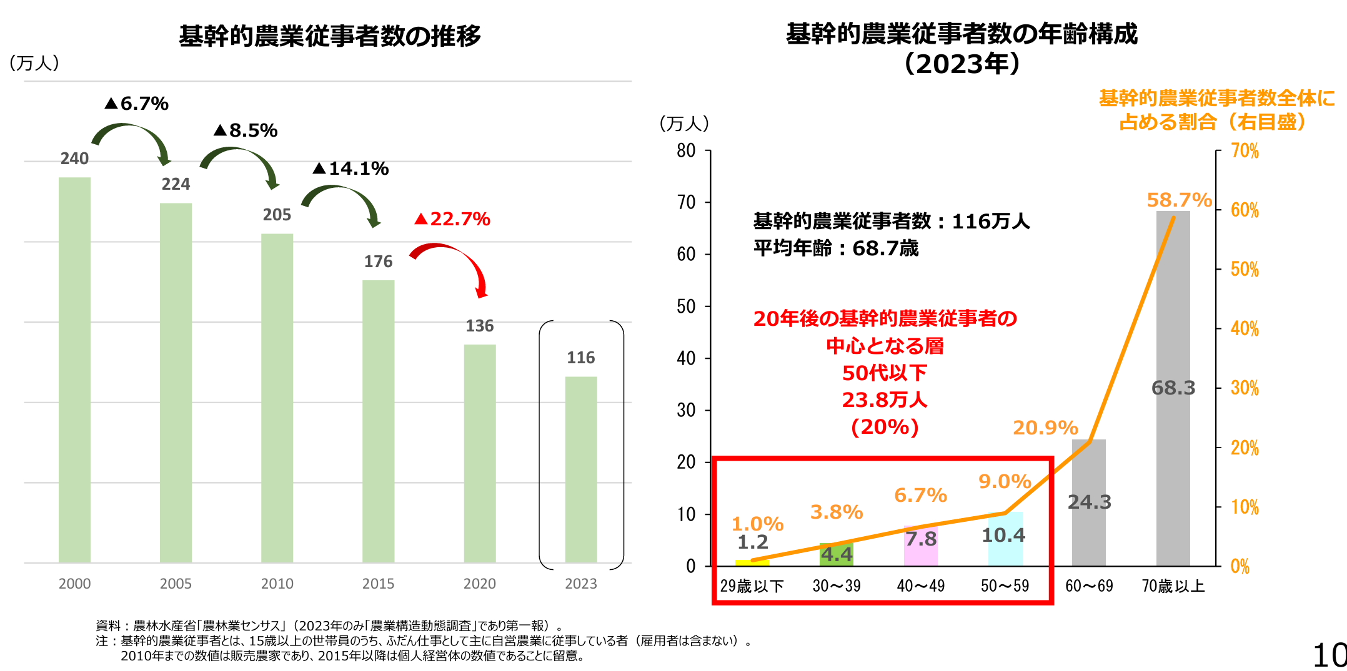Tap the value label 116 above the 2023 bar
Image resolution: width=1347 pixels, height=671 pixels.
point(580,358)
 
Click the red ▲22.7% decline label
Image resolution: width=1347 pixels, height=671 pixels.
point(452,219)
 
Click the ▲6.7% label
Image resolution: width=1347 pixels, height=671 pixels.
point(137,104)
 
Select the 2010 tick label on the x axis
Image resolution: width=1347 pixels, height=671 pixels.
point(277,584)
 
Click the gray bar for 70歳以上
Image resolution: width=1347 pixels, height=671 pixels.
point(1173,312)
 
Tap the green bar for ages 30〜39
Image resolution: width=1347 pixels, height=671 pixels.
point(836,556)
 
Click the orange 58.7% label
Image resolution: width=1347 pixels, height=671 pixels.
point(1179,200)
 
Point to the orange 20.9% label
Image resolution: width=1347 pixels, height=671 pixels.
point(1045,428)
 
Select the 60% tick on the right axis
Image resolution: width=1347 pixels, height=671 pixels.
point(1245,210)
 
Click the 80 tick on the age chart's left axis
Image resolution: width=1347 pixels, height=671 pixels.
point(686,150)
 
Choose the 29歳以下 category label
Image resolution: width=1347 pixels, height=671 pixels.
point(752,586)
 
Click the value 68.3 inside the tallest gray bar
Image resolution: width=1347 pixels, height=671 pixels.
point(1173,388)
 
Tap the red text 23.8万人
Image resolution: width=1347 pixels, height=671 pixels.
point(884,399)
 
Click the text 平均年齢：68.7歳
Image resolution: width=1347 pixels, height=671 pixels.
point(835,248)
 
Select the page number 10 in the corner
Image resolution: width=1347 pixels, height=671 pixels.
point(1330,655)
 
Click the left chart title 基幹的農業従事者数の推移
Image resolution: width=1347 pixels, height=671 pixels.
point(330,36)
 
